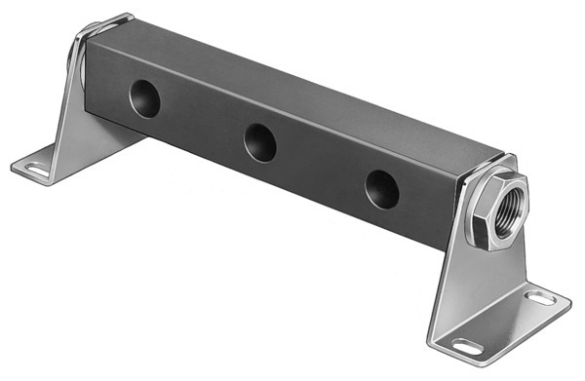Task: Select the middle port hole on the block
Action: [x=259, y=142]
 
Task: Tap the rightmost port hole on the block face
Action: [x=382, y=187]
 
